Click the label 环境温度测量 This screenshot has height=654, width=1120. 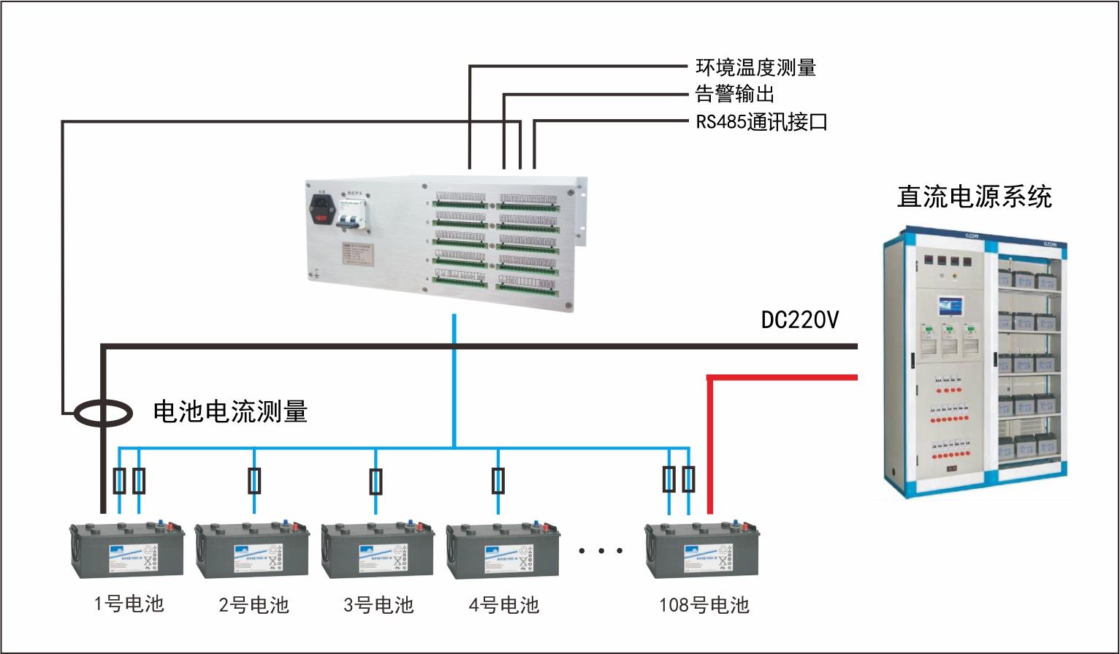click(x=755, y=68)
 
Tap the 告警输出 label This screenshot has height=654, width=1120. click(x=734, y=94)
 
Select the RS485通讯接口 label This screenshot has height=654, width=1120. click(x=761, y=121)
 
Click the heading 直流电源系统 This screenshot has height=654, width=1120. click(x=975, y=197)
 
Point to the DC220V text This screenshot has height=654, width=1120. click(x=800, y=320)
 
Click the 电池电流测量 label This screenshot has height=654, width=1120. click(x=230, y=411)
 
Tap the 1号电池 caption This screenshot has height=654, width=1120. click(x=129, y=604)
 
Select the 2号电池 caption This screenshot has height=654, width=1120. click(x=254, y=605)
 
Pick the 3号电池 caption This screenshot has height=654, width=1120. click(x=378, y=605)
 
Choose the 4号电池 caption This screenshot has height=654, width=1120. click(x=503, y=605)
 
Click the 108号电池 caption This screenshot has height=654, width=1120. click(x=704, y=605)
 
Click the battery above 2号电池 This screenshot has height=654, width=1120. click(x=252, y=550)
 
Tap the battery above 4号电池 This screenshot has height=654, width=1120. click(x=503, y=550)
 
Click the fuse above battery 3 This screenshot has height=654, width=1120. click(x=376, y=482)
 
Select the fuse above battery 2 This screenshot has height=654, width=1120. click(x=254, y=481)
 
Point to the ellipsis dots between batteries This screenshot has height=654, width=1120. click(x=600, y=550)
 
